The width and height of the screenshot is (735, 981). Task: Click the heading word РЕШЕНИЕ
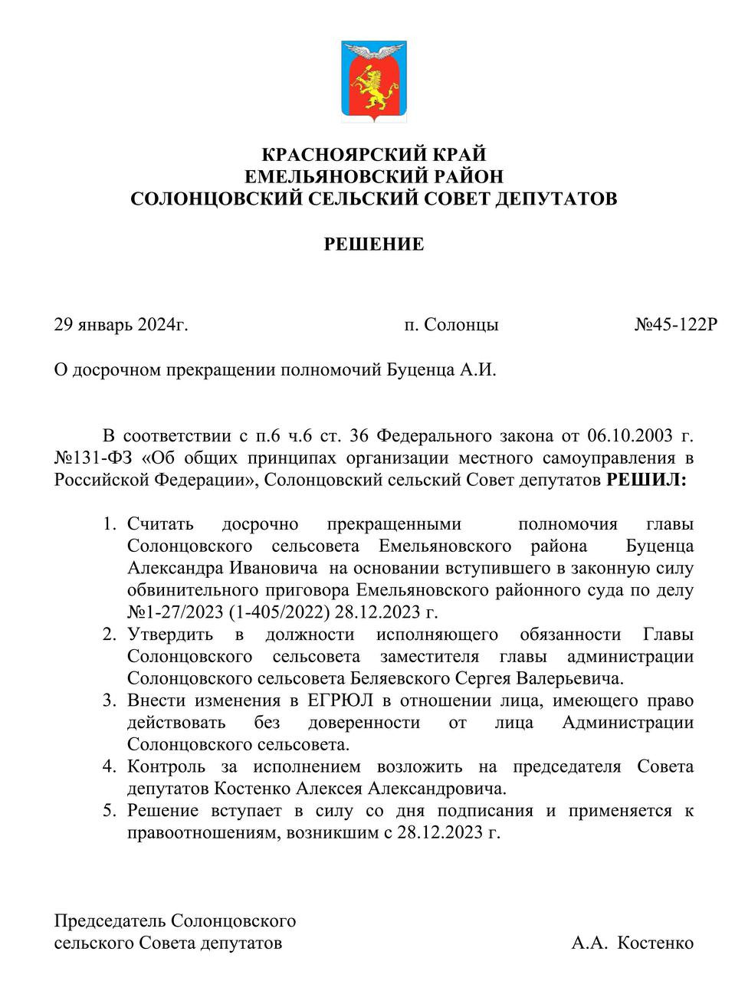tap(373, 244)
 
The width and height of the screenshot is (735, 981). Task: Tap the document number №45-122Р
tap(675, 324)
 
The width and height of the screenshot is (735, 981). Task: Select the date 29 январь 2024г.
tap(121, 324)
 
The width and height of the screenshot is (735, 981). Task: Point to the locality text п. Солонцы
tap(451, 324)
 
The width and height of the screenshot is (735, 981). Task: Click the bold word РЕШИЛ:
tap(647, 481)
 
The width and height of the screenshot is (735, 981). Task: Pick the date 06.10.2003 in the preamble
tap(628, 437)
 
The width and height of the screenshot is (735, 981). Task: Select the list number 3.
tap(109, 700)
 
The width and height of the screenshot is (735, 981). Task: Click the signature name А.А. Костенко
tap(632, 943)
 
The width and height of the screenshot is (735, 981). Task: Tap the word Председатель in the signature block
tap(109, 920)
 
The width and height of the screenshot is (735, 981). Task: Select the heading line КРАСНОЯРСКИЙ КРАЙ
tap(373, 155)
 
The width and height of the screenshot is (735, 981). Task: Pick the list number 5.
tap(109, 811)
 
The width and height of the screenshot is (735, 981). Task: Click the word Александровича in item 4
tap(437, 788)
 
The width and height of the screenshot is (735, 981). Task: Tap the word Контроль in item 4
tap(166, 766)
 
